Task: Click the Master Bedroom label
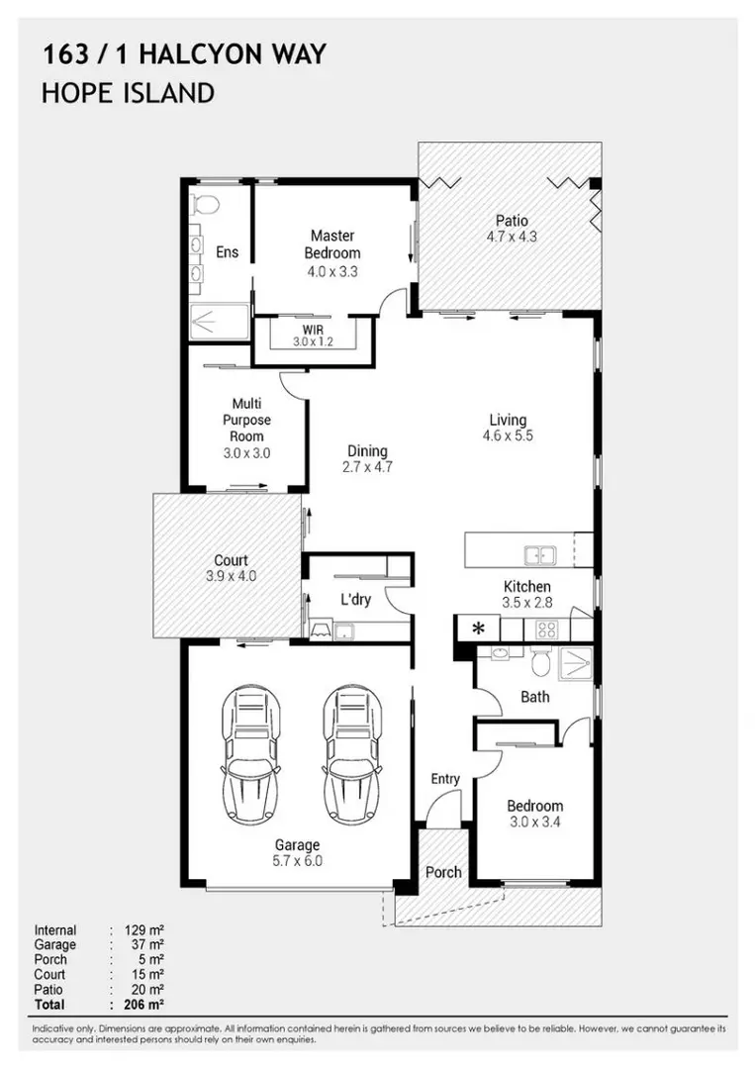(x=332, y=244)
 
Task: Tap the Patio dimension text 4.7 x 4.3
(x=512, y=238)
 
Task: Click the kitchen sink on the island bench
(x=539, y=555)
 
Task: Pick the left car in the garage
(x=250, y=754)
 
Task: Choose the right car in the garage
(x=352, y=754)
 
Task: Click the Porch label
(x=443, y=873)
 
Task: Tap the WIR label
(x=314, y=330)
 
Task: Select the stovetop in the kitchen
(x=546, y=629)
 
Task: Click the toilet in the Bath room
(x=540, y=663)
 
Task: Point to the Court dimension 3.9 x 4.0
(x=231, y=576)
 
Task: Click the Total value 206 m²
(x=144, y=1005)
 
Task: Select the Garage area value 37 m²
(x=147, y=945)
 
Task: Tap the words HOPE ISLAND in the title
(x=128, y=93)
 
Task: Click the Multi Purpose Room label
(x=246, y=420)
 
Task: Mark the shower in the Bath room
(x=575, y=664)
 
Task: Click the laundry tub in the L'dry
(x=344, y=632)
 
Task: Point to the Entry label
(x=445, y=779)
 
